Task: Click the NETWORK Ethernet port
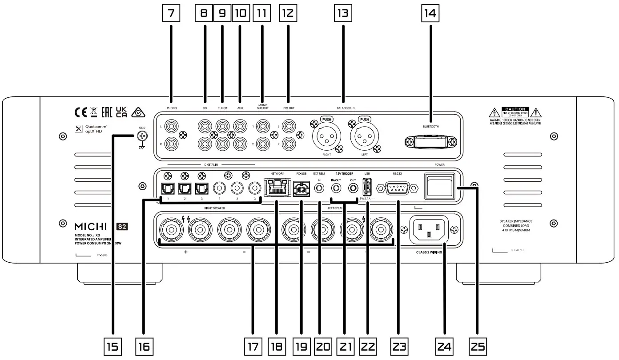(275, 188)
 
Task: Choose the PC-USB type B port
(301, 188)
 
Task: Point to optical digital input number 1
(166, 188)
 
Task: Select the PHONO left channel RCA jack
(171, 127)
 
